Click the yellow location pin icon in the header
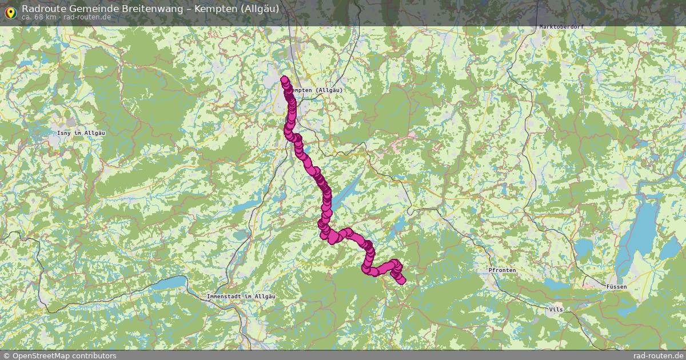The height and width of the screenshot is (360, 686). click(10, 11)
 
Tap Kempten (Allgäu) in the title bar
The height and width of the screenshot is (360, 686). click(237, 9)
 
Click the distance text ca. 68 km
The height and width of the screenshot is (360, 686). click(39, 17)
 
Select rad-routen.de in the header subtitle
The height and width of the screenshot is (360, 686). click(87, 17)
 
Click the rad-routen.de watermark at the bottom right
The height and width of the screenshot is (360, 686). click(659, 355)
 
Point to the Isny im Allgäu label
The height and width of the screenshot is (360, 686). click(81, 133)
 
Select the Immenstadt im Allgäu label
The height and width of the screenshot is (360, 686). click(241, 297)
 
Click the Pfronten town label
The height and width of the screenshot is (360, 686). click(502, 270)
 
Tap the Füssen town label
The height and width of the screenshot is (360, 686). click(617, 286)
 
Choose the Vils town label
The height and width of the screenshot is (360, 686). click(555, 309)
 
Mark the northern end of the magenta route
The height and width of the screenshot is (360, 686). click(284, 80)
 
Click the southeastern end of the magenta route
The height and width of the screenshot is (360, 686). click(402, 280)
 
